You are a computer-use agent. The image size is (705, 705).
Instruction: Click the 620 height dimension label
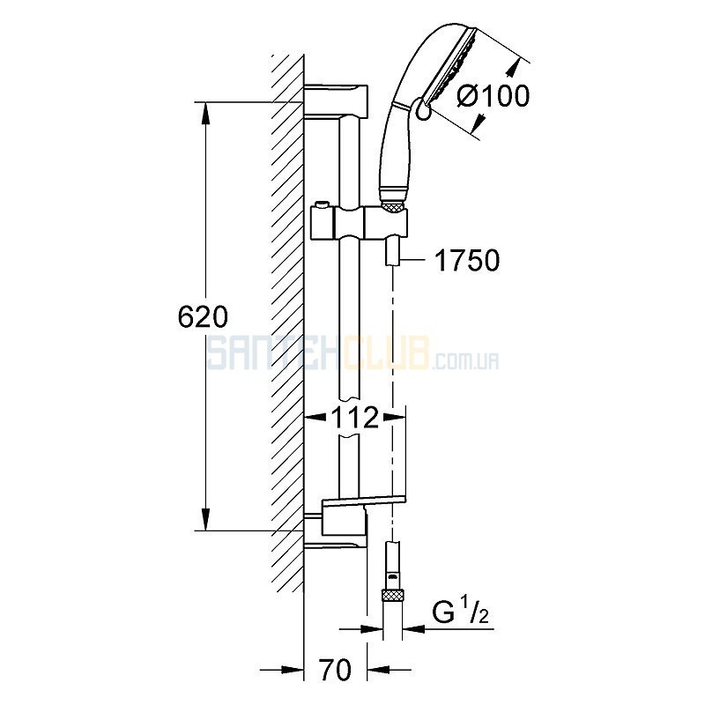203,317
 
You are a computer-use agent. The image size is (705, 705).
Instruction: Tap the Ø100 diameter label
493,96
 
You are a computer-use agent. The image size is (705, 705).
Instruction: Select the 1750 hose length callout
468,260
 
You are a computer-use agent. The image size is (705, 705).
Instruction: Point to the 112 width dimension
354,418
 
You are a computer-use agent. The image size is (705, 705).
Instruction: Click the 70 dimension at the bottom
336,669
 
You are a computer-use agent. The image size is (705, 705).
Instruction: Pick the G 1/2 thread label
460,612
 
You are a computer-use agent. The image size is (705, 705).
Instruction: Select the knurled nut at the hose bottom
392,595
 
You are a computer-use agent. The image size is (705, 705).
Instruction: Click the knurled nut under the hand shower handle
393,205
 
